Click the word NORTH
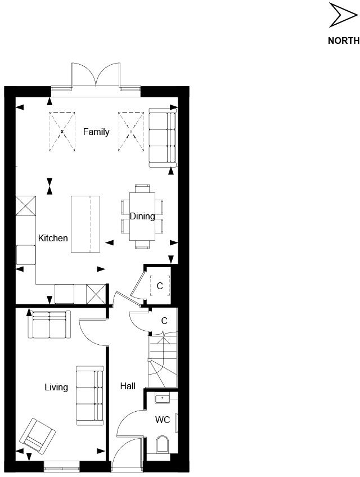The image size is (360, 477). point(344,40)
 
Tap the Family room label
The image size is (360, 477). point(96,132)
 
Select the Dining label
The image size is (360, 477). point(142,216)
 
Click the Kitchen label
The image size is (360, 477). point(53,238)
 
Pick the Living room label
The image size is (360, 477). point(56,387)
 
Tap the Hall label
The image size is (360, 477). point(128,386)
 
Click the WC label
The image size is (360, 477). point(163,419)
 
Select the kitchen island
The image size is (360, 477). point(85,224)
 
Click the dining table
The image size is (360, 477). point(142,217)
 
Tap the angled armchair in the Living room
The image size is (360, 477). point(38,435)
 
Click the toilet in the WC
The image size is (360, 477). point(162,445)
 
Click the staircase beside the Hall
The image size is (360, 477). point(163,361)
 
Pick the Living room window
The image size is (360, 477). point(62,465)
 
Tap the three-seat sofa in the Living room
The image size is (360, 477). point(90,395)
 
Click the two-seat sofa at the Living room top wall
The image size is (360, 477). point(49,325)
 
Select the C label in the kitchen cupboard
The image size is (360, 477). point(160,286)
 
